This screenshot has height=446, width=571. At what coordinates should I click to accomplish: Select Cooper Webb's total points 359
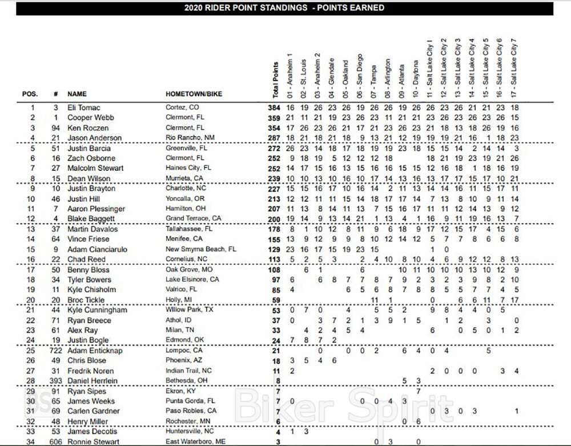tap(274, 118)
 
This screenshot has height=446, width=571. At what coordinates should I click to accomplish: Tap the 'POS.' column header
tap(30, 93)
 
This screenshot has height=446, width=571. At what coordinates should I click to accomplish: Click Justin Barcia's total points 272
tap(274, 148)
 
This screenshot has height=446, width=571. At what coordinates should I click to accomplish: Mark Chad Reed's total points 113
tap(274, 260)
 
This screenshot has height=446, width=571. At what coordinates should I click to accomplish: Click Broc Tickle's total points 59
tap(276, 300)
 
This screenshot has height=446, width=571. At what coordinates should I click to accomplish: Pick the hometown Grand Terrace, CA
tap(194, 219)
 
